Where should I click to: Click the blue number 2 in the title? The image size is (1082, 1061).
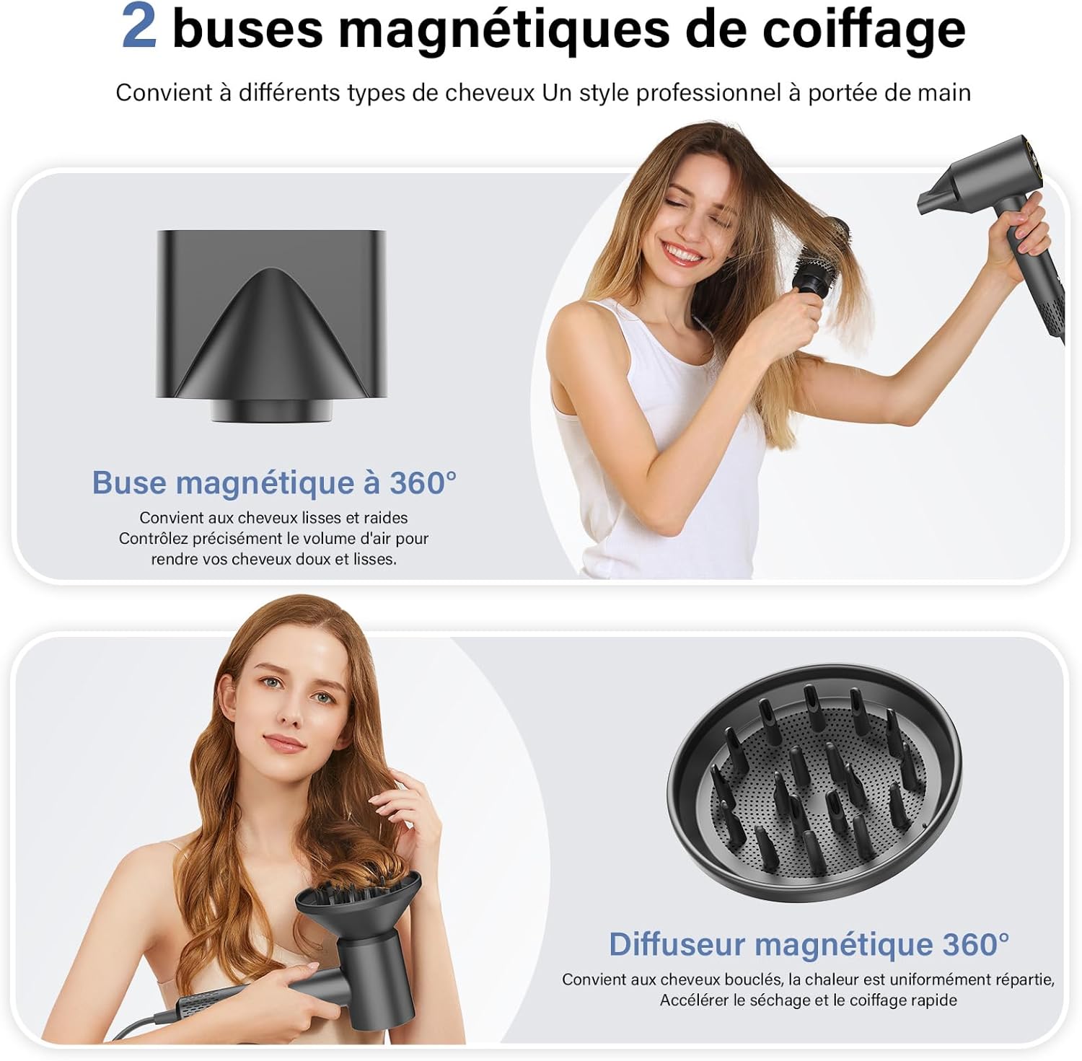pos(138,27)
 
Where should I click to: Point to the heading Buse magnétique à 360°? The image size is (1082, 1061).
pos(274,483)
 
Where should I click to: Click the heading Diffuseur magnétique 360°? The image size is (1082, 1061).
pos(809,944)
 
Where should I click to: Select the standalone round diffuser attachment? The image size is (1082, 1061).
pos(814,786)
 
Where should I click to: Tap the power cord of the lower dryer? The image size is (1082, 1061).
pos(144,1024)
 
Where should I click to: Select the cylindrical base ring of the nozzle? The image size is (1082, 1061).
pos(271,410)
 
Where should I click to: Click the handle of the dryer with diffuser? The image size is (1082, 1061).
pos(245,999)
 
